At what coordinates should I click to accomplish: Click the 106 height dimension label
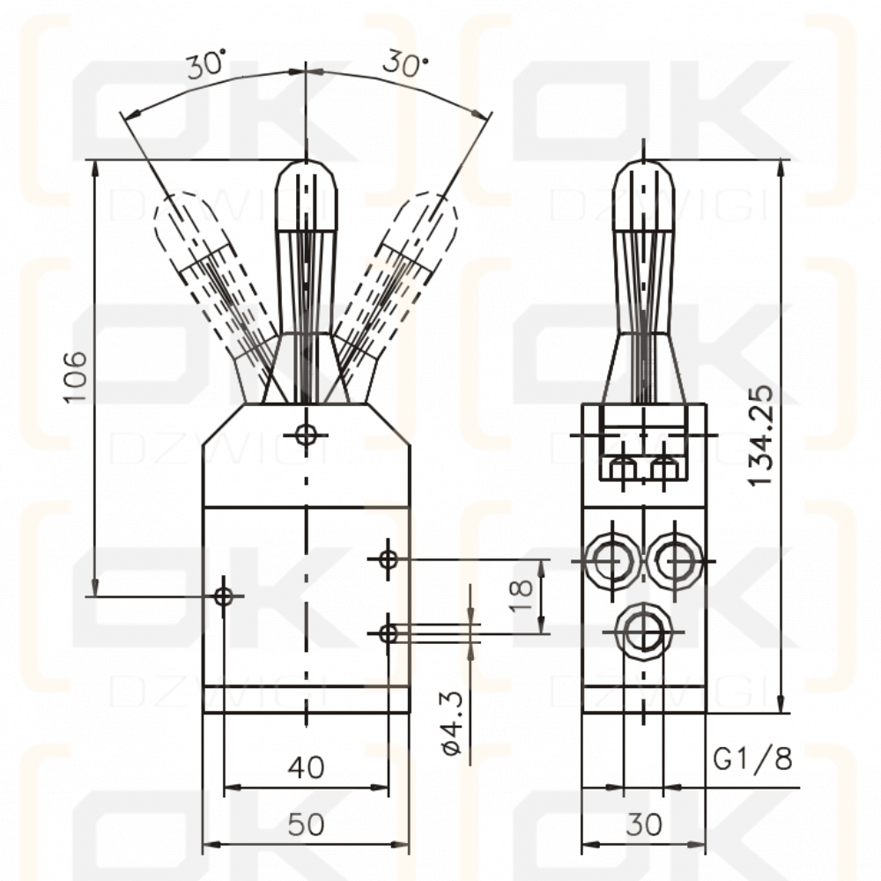(x=78, y=377)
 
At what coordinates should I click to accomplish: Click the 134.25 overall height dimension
(x=760, y=435)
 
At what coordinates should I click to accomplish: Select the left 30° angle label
(x=204, y=66)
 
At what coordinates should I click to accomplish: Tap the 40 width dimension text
(x=306, y=767)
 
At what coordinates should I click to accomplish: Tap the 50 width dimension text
(x=306, y=825)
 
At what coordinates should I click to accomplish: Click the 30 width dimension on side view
(x=643, y=825)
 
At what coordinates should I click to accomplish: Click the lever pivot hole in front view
(x=306, y=434)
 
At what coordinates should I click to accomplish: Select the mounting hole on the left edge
(x=224, y=596)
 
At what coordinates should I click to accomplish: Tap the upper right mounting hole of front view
(x=388, y=558)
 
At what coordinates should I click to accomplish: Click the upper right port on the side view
(x=677, y=559)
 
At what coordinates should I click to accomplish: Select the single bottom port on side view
(x=643, y=631)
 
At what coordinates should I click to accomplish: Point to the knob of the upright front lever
(x=306, y=197)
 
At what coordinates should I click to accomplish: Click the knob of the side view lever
(x=644, y=198)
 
